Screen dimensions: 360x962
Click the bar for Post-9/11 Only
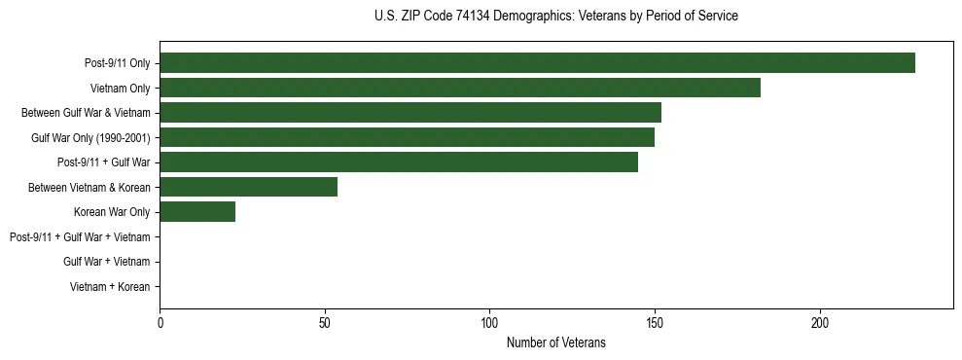click(537, 63)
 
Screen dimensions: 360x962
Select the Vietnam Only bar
click(460, 88)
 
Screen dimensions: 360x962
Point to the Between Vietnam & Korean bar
click(248, 187)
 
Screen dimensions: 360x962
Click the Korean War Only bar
click(197, 212)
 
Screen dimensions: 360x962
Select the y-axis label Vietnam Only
click(120, 89)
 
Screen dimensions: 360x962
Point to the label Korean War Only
click(112, 212)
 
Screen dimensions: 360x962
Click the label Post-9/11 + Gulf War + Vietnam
click(80, 237)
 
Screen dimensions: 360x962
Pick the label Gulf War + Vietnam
click(106, 262)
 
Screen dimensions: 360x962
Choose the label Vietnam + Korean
click(110, 287)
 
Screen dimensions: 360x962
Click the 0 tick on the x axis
click(160, 322)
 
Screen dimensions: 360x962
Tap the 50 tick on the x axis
click(325, 322)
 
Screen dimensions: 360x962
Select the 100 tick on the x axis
click(489, 322)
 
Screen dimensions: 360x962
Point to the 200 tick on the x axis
click(820, 322)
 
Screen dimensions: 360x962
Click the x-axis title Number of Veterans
click(555, 342)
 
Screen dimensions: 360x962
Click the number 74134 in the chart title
click(475, 17)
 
